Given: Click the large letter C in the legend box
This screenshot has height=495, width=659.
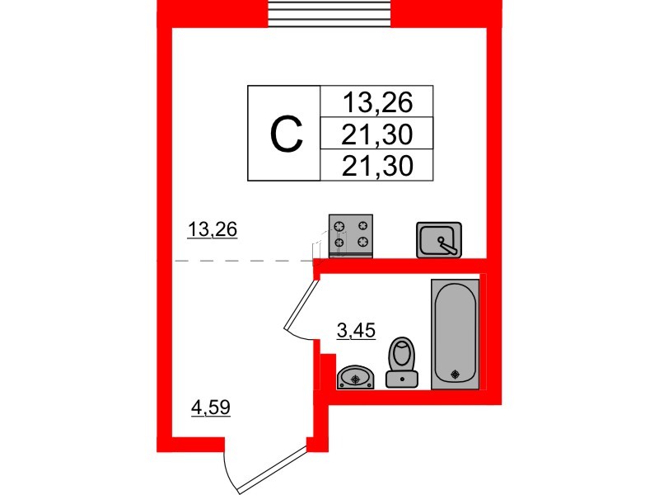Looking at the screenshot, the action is pos(287,134).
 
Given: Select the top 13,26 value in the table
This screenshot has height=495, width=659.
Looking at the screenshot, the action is pos(377,101).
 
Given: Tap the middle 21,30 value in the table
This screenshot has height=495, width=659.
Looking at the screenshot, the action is pos(377,134).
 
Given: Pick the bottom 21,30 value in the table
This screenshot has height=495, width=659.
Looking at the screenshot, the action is pos(377,165).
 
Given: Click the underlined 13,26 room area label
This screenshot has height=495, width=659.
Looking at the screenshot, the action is pos(213,230).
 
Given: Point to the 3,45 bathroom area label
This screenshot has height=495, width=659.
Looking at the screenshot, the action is pos(356,331).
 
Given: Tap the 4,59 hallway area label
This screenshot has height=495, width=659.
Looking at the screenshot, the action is pos(211,407).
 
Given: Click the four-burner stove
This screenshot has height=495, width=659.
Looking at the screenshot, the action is pos(351,236).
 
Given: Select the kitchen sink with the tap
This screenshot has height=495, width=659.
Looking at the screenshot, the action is pos(439,240).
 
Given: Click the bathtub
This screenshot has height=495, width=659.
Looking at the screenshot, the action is pos(456,334).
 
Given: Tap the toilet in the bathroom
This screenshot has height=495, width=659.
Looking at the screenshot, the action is pos(402,362).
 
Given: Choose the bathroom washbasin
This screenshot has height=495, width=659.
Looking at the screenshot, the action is pos(355,377).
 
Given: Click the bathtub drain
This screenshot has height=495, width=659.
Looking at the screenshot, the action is pos(455,375).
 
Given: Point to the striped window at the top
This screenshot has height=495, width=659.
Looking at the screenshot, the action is pos(330,13).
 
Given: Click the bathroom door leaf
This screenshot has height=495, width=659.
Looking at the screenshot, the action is pos(299,305).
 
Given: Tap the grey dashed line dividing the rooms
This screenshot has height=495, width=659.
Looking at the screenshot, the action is pos(243,261).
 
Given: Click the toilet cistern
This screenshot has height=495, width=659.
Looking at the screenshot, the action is pos(402,379).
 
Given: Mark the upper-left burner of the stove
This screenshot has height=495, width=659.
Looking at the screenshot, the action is pos(339,226).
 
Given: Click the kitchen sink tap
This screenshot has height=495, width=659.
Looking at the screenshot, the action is pos(447,246).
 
